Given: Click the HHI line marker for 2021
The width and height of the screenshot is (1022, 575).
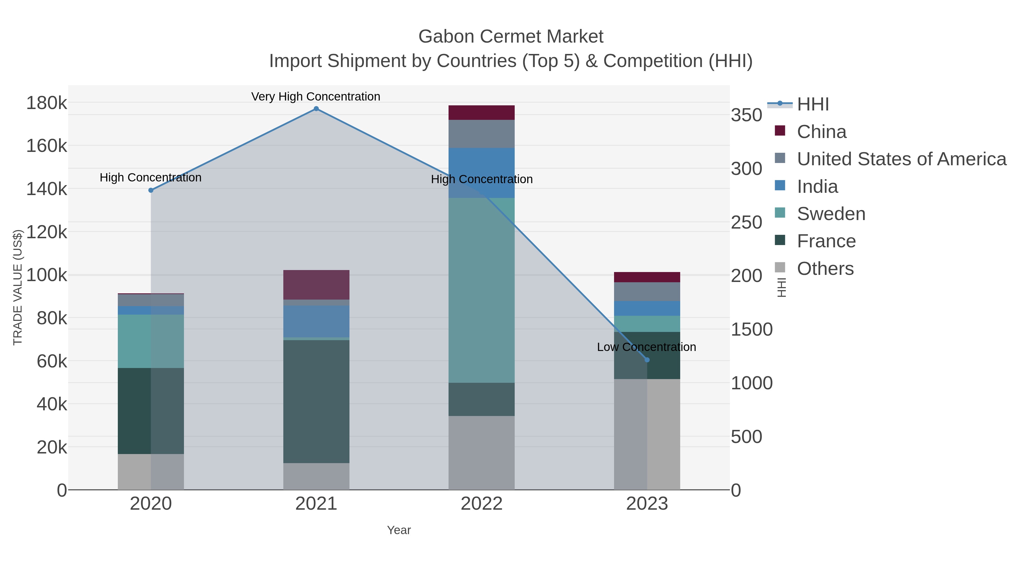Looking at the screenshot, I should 316,109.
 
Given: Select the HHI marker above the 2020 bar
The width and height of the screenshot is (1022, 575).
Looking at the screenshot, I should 151,191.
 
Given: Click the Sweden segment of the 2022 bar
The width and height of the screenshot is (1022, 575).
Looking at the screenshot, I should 481,290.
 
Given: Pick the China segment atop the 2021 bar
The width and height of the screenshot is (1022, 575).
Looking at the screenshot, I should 316,285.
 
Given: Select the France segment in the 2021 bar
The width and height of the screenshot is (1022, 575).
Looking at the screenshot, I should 316,401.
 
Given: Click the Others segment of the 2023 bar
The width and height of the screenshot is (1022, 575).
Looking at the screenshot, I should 647,434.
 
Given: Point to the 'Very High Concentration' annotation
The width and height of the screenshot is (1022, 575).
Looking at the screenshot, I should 316,97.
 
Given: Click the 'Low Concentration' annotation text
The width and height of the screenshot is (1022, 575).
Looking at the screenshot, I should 646,347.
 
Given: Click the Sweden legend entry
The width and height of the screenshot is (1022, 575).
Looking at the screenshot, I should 831,214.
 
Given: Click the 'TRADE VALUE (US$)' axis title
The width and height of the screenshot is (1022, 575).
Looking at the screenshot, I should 18,287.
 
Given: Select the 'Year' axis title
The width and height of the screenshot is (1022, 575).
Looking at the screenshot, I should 399,530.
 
